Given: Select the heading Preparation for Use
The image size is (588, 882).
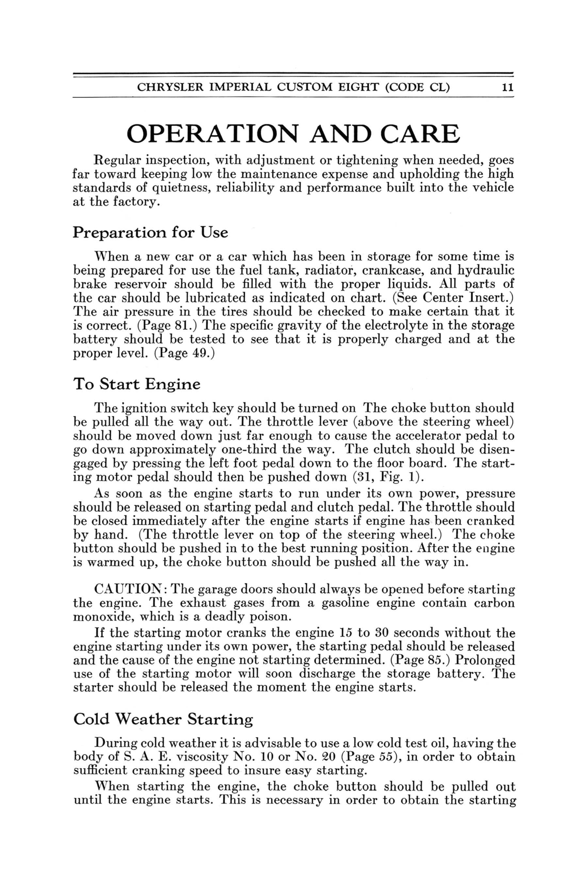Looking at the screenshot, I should (x=150, y=233).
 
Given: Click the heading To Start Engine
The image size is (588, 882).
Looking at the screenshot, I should (x=137, y=384).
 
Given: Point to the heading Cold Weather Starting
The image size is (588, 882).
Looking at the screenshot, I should (x=163, y=720).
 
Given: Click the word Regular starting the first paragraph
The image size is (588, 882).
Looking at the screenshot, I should (x=117, y=161).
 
